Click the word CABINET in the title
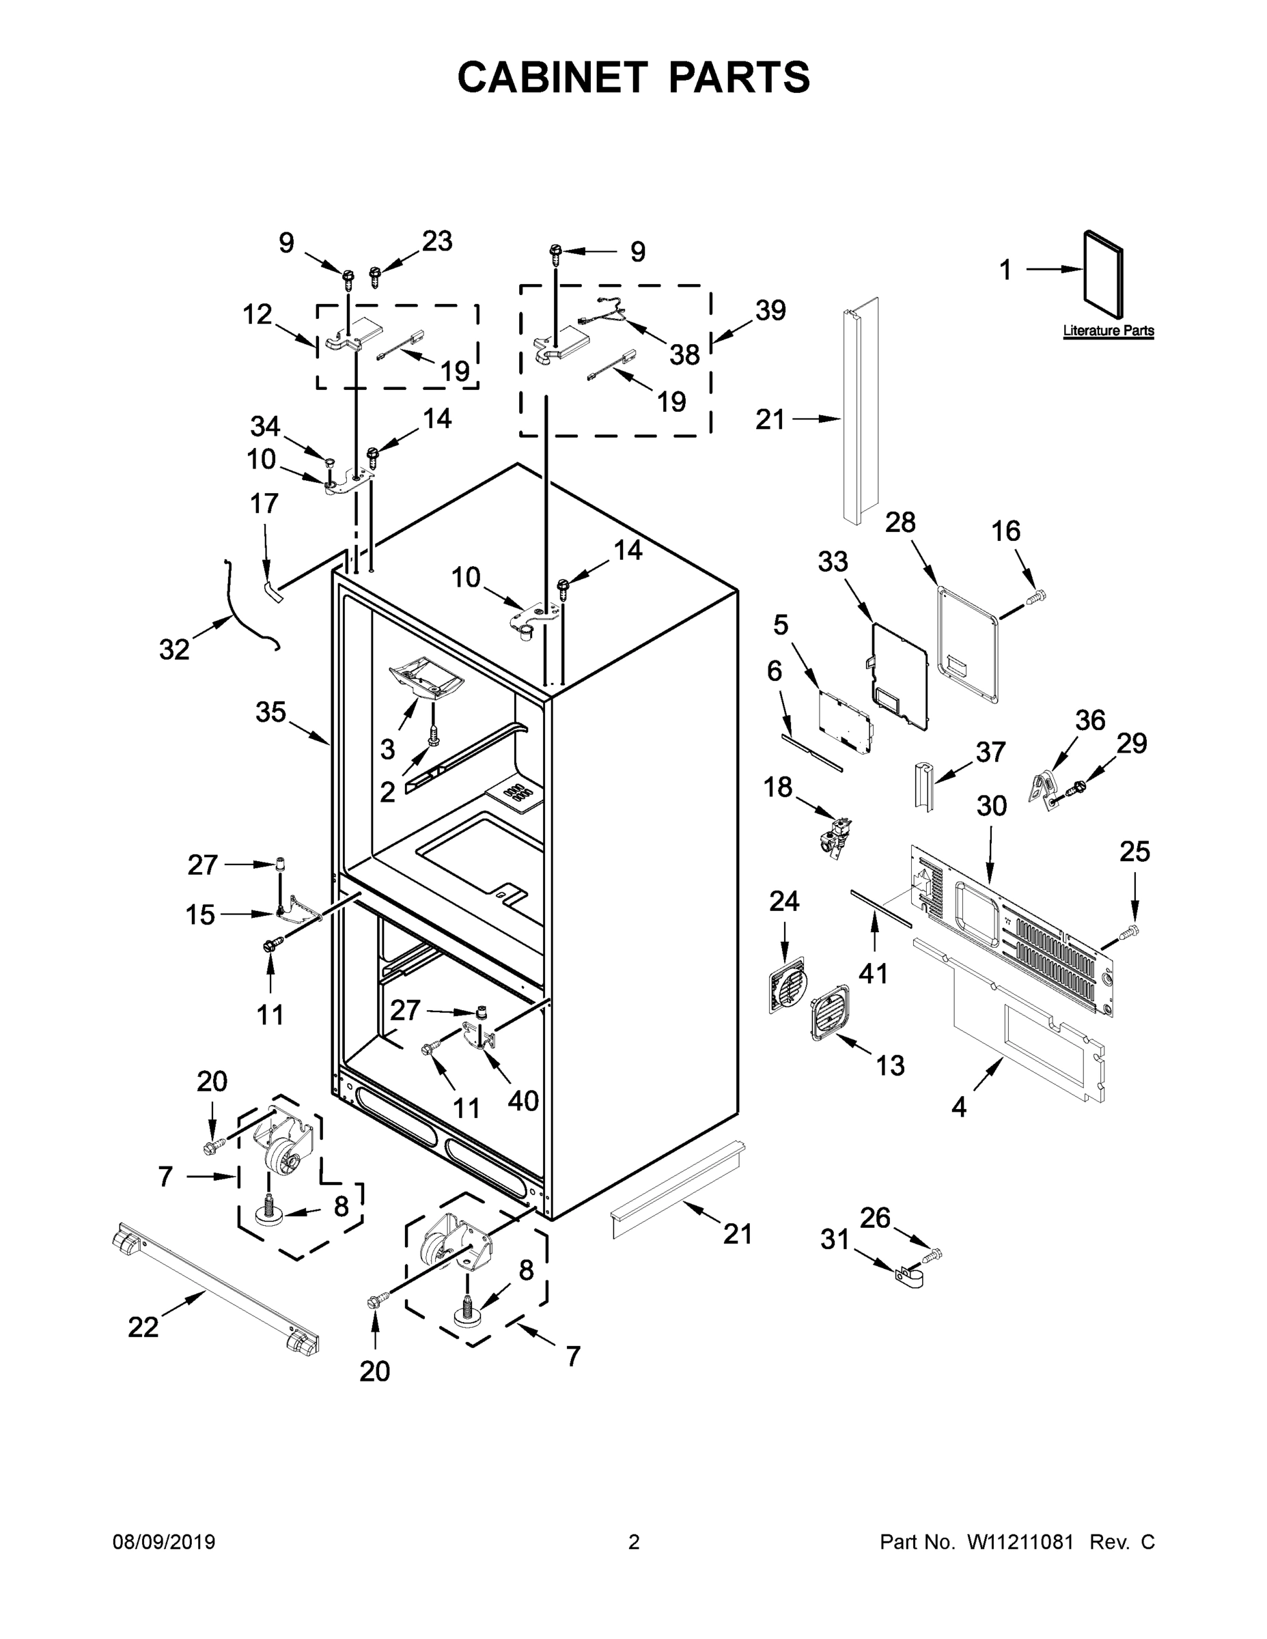coord(553,77)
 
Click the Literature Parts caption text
coord(1108,331)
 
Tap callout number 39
coord(770,310)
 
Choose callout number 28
coord(900,522)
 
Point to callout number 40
coord(523,1100)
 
